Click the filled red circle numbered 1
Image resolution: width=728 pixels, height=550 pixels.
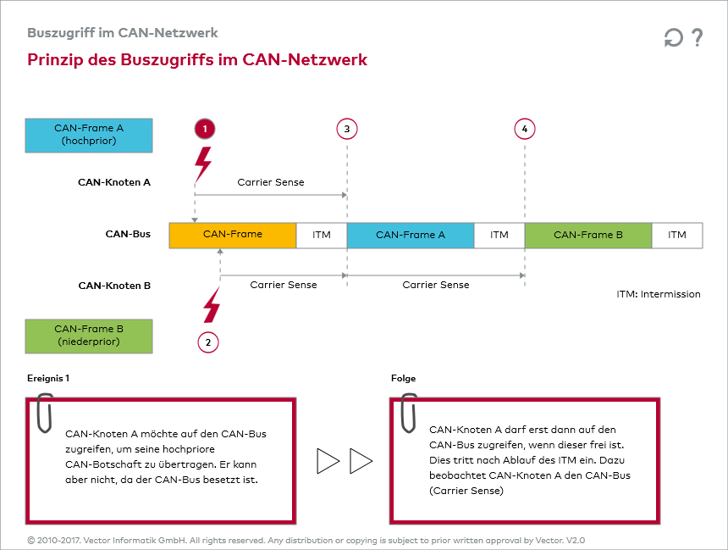(204, 129)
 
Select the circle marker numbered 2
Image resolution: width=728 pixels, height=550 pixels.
(207, 342)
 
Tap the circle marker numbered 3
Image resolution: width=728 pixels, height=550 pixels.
(346, 129)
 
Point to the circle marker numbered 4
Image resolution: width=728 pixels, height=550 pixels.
(525, 129)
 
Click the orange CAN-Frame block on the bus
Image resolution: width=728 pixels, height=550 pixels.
(233, 235)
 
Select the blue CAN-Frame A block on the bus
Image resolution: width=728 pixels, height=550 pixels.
(411, 235)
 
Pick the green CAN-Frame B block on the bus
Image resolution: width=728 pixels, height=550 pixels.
(588, 235)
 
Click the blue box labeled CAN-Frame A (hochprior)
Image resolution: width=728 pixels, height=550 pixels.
(89, 135)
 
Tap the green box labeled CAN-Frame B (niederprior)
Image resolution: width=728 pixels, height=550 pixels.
(89, 336)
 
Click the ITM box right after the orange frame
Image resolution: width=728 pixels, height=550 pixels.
(322, 235)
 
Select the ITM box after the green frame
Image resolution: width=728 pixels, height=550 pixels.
(677, 235)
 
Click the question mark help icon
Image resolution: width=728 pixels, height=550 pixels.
(698, 37)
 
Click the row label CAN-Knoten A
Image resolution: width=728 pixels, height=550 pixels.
(114, 181)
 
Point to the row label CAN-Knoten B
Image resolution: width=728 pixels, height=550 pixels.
(114, 286)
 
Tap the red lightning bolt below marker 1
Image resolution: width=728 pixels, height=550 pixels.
(203, 163)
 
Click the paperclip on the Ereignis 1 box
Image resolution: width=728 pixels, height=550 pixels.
(45, 413)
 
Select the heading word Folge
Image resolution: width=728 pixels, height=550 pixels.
(403, 379)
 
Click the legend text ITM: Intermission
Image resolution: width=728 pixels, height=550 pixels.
(659, 295)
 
